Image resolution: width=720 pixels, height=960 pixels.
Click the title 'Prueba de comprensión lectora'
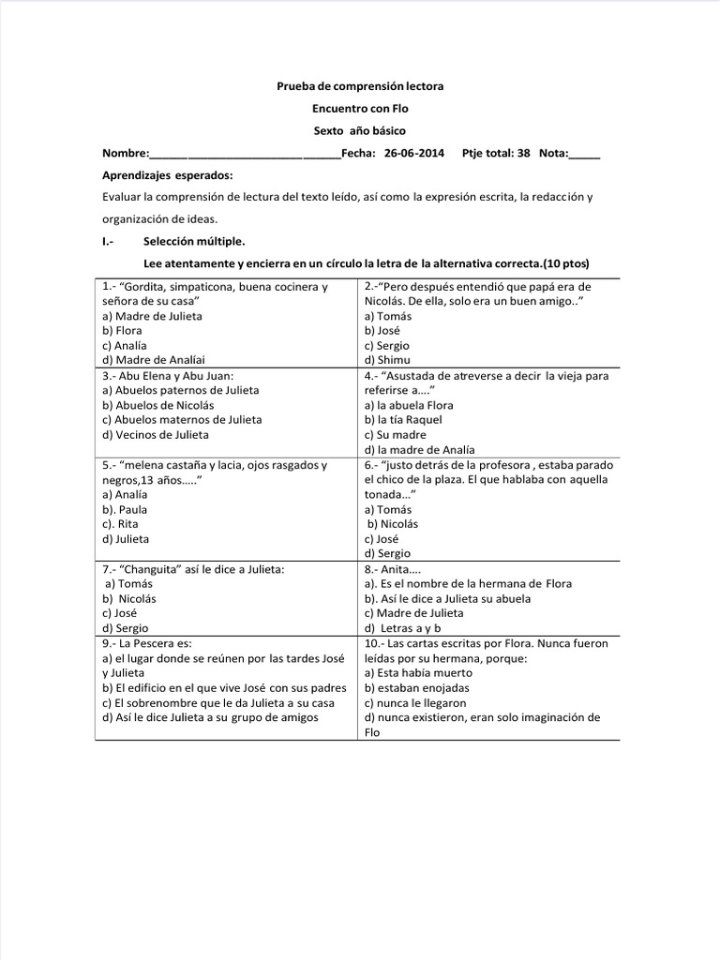360,86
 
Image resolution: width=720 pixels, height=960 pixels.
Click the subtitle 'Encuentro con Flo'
360,109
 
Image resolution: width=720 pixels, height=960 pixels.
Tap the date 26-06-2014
413,154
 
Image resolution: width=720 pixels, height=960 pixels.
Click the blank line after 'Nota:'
585,155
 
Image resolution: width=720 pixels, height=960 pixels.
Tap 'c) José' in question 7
120,613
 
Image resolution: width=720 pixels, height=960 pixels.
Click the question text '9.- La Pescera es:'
145,643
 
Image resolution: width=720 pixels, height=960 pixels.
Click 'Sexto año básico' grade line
360,131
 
